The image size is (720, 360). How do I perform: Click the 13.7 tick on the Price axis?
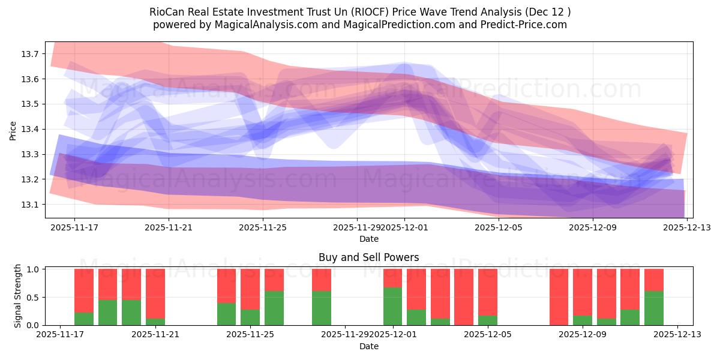tap(30, 54)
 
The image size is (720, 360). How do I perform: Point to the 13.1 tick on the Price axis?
tap(30, 205)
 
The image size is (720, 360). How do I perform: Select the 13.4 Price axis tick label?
tap(30, 130)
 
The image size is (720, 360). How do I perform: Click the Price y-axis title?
tap(13, 130)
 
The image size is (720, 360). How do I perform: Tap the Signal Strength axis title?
tap(18, 296)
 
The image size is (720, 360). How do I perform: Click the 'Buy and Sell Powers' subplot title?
tap(368, 257)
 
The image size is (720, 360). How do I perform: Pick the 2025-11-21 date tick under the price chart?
tap(169, 228)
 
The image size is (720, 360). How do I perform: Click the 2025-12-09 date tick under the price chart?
tap(593, 228)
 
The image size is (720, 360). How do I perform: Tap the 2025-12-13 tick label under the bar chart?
tap(677, 335)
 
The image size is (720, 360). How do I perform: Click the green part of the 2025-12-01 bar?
tap(393, 306)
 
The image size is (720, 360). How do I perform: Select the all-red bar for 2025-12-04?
tap(464, 297)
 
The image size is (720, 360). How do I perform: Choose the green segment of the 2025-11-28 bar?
tap(322, 308)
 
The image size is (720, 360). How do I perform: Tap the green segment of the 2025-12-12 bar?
tap(654, 308)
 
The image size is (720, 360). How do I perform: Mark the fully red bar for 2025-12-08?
tap(559, 297)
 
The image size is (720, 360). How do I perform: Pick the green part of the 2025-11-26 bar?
tap(274, 308)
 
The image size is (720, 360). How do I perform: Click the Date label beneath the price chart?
tap(368, 239)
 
